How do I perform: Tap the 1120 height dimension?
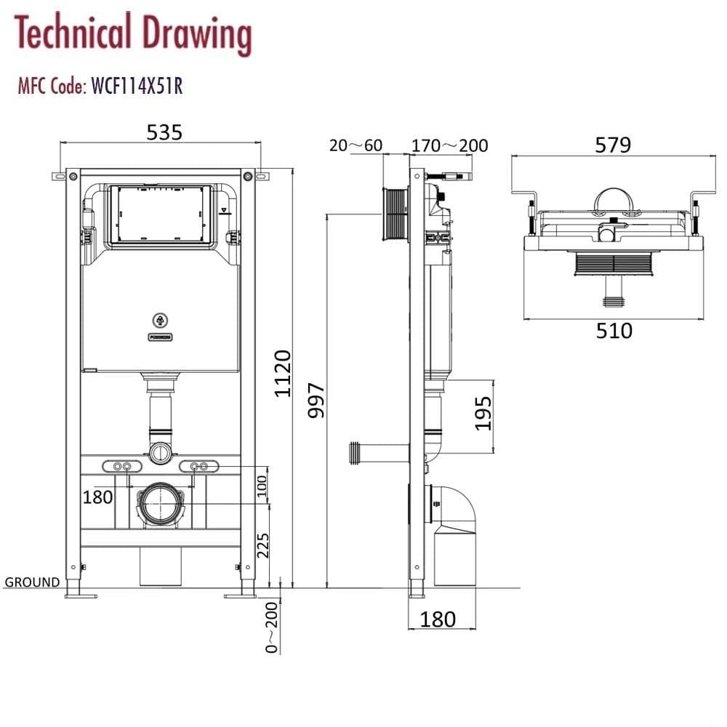(x=282, y=373)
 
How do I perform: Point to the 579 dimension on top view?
(x=612, y=145)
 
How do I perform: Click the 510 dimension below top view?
(x=614, y=331)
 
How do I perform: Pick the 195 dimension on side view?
(x=484, y=411)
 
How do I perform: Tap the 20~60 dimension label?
(x=356, y=146)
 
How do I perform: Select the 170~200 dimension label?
(x=449, y=146)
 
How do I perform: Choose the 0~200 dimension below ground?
(x=271, y=627)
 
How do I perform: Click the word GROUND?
(x=32, y=582)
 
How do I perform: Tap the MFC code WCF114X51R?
(x=135, y=87)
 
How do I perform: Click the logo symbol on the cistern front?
(x=160, y=319)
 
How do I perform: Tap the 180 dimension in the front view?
(x=97, y=497)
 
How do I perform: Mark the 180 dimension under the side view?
(x=438, y=619)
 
